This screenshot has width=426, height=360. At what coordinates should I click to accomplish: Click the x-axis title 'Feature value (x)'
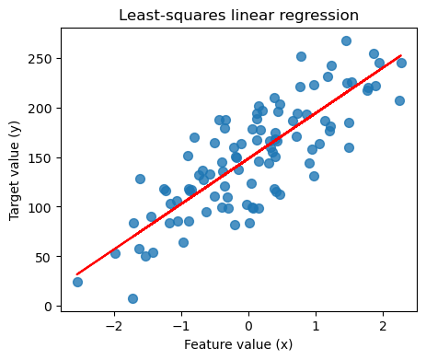(x=238, y=345)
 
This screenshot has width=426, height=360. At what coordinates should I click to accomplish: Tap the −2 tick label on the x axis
(x=113, y=326)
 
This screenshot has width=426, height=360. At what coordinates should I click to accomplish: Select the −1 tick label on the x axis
(x=180, y=326)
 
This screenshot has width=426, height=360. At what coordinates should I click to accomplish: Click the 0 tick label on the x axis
(x=248, y=326)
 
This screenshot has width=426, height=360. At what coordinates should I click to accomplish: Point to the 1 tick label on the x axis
(x=316, y=326)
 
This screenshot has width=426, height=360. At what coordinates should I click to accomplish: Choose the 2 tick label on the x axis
(x=383, y=326)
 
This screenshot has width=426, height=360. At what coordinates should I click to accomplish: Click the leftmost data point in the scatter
(x=77, y=282)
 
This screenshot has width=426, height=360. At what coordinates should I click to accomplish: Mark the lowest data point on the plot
(x=132, y=298)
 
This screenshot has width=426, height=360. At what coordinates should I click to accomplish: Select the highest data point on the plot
(x=346, y=41)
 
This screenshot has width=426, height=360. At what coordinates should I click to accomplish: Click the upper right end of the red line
(x=401, y=55)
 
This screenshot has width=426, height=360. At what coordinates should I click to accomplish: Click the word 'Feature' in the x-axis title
(x=207, y=345)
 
